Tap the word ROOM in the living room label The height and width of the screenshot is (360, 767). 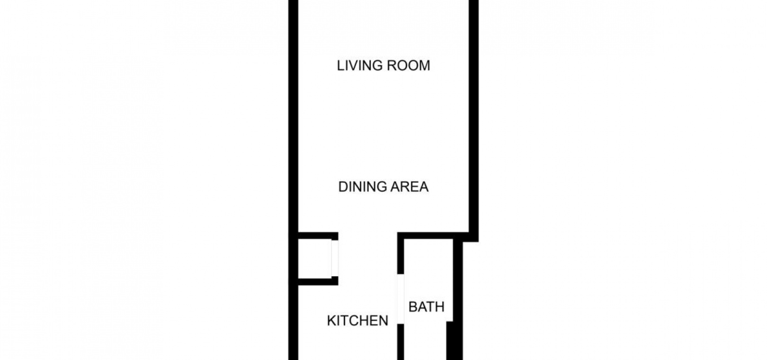pos(410,65)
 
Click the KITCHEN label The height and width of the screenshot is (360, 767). pos(357,321)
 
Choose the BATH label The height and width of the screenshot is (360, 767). pos(426,307)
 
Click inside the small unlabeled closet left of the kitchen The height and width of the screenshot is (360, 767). pos(315,259)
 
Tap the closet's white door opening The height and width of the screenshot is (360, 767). pos(335,258)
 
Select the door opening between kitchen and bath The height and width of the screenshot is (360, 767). pos(400,299)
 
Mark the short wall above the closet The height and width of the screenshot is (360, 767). pos(318,236)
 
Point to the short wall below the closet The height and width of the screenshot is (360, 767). pos(318,281)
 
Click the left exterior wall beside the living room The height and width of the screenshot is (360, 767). pos(294,117)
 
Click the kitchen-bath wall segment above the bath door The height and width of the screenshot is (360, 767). pos(400,253)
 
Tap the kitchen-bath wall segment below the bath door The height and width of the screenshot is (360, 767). pos(400,342)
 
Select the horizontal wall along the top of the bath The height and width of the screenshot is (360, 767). pos(433,236)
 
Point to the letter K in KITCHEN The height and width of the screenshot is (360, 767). pos(331,321)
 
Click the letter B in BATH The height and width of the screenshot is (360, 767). pos(412,307)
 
